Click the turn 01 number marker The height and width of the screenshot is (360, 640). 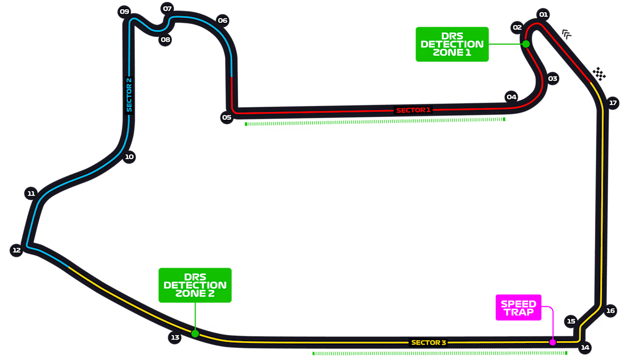pos(543,15)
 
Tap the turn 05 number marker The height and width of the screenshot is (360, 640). pos(226,117)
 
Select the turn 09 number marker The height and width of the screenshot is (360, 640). pos(125,12)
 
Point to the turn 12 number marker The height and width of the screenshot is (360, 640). pos(16,250)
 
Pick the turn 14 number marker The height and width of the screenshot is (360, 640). pos(585,347)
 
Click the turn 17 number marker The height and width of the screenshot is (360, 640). pos(613,103)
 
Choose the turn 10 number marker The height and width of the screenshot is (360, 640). pos(129,157)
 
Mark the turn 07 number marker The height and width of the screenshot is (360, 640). pos(167,9)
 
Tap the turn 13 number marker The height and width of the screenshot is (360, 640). pos(175,338)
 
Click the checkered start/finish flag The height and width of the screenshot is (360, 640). pos(599,74)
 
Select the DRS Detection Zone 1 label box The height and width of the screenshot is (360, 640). pos(452,44)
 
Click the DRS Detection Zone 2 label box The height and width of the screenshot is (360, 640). pos(195,285)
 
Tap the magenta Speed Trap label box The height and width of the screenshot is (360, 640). pos(518,308)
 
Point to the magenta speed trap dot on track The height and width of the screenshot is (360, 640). pos(552,343)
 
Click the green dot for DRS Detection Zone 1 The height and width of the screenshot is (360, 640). pos(526,44)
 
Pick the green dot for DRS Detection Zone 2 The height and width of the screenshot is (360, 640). pos(195,333)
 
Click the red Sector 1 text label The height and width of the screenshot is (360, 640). pos(413,110)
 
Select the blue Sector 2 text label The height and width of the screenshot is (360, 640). pos(129,95)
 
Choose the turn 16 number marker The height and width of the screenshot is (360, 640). pos(610,311)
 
